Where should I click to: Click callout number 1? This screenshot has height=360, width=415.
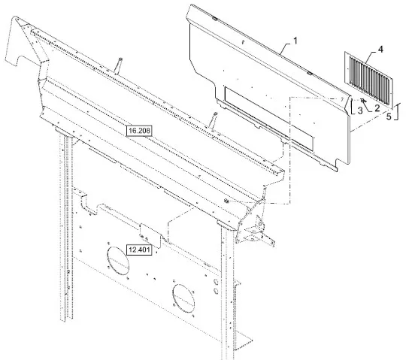click(295, 41)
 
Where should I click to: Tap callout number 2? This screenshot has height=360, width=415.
click(377, 107)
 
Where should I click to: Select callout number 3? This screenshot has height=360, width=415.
click(360, 110)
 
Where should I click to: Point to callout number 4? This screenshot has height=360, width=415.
click(380, 50)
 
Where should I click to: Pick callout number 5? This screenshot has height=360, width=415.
click(388, 116)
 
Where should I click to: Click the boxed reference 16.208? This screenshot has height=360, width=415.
click(139, 131)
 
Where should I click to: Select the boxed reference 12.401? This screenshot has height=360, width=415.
click(139, 250)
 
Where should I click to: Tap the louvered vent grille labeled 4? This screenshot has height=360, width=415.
click(368, 80)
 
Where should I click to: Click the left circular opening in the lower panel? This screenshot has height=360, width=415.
click(118, 261)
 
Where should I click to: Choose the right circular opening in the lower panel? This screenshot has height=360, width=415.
click(183, 298)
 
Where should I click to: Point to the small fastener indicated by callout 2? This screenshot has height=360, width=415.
click(362, 100)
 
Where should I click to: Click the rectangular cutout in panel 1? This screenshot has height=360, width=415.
click(268, 119)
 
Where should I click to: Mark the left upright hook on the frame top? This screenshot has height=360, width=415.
click(118, 65)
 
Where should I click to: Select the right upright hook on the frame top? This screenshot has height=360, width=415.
click(214, 120)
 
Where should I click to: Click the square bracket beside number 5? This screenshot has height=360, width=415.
click(396, 111)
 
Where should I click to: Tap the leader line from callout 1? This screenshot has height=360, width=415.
click(286, 47)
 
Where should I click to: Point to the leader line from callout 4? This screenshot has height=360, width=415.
click(371, 57)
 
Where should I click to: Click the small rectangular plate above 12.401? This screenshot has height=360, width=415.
click(150, 235)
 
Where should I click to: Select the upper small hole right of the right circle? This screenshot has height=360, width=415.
click(216, 281)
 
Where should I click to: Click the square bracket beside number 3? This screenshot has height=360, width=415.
click(353, 107)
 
